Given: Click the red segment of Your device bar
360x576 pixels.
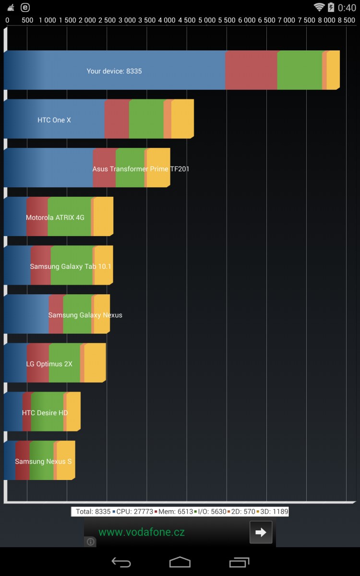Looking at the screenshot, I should point(251,70).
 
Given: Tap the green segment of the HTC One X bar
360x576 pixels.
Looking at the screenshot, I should point(146,119).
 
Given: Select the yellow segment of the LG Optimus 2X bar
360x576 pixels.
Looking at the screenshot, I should point(95,363).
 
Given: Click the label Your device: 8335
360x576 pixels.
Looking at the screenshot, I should point(114,71).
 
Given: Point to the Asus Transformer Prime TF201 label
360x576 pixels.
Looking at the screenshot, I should point(141,169).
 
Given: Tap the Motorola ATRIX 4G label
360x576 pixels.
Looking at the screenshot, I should point(55,217).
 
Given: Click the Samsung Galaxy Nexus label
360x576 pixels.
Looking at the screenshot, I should point(85,315).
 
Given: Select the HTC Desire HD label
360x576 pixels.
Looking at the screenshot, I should point(45,413).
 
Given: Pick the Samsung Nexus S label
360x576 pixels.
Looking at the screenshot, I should point(43,462).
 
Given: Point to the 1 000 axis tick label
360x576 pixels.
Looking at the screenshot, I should point(47,20).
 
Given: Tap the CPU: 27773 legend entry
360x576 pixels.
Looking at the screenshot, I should point(134,512).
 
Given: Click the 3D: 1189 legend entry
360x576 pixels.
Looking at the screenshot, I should point(274,512).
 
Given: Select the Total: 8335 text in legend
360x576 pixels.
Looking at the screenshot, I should point(93,512).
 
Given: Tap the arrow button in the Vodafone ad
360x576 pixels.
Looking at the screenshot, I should point(261,532).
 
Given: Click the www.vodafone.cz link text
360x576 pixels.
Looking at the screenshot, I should point(142,532).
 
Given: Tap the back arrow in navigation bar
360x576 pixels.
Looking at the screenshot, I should point(121,562).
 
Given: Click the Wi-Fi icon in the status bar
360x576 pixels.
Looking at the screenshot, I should point(319,7).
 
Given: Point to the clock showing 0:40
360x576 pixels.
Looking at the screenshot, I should point(347,8).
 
